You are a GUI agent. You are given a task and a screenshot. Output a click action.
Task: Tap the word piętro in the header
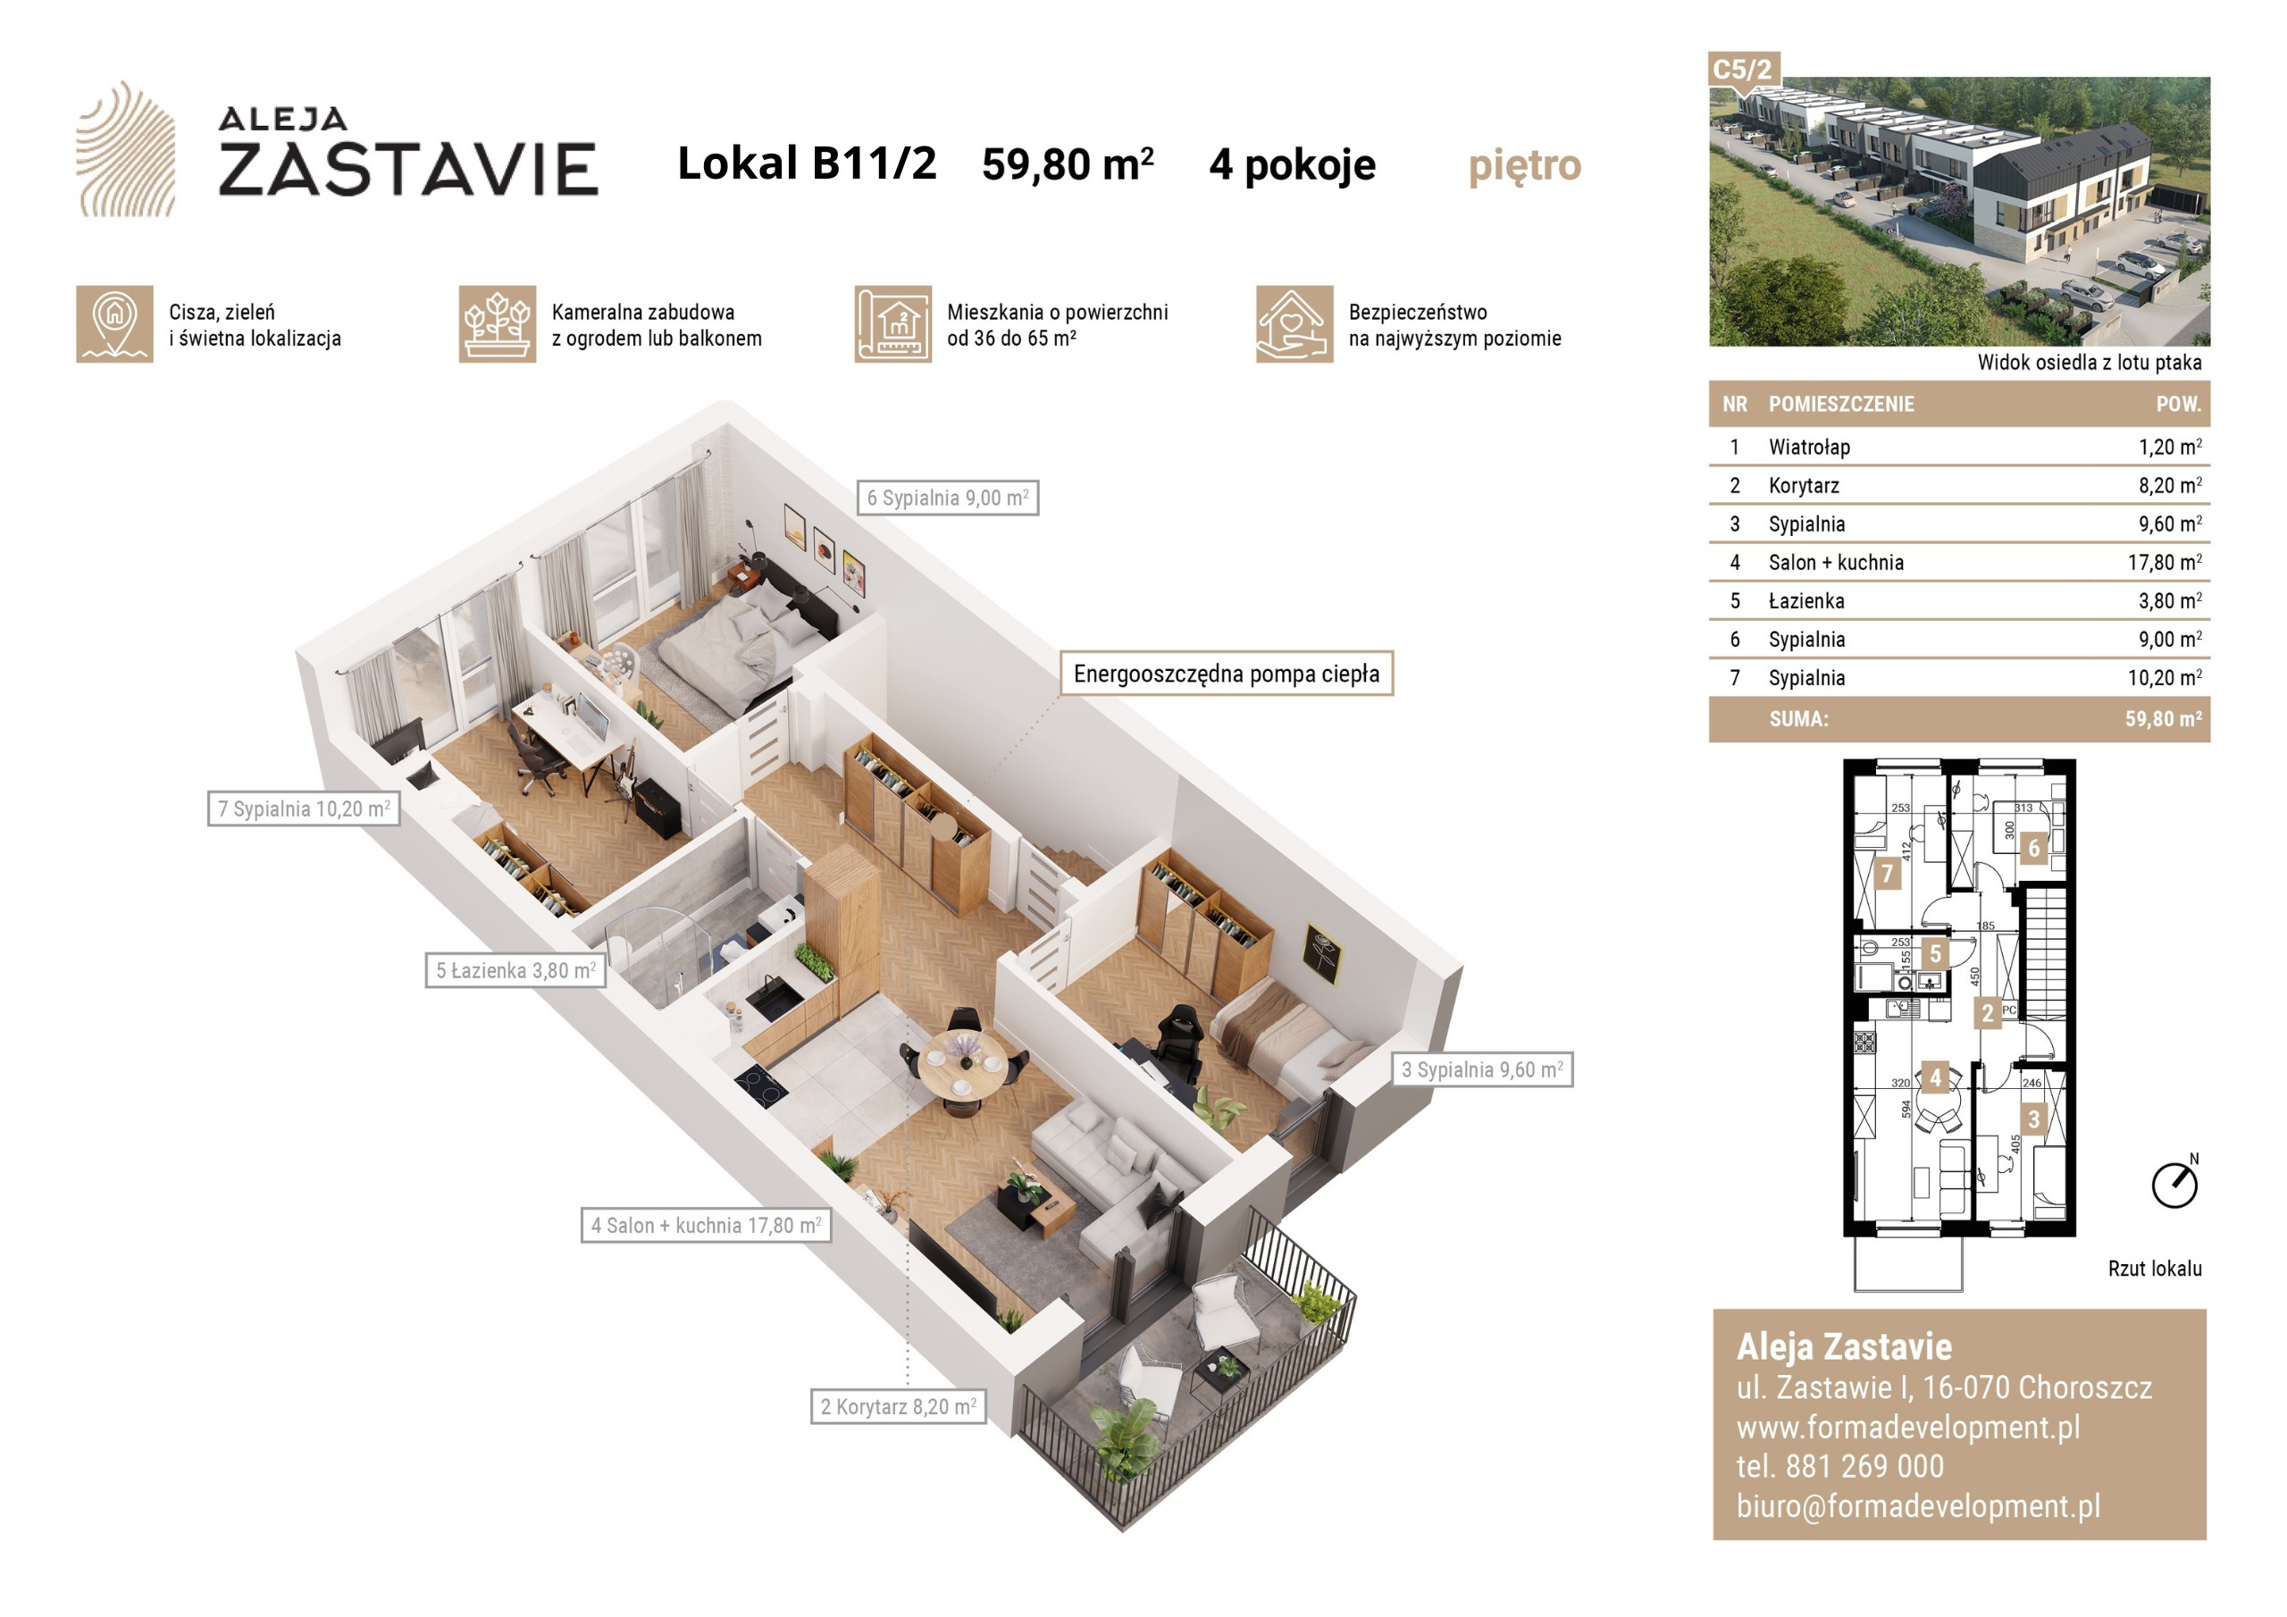point(1524,166)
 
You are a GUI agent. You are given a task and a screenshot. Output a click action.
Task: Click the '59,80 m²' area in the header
point(1067,164)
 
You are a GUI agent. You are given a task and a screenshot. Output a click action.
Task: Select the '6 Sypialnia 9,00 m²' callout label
point(947,497)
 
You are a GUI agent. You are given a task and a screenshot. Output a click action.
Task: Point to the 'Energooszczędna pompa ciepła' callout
point(1227,674)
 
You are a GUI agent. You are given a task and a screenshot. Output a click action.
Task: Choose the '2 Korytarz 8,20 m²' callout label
point(898,1406)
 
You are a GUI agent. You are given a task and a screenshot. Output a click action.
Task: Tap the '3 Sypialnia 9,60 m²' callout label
point(1482,1069)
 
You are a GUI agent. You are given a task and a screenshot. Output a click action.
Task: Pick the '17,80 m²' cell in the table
point(2165,562)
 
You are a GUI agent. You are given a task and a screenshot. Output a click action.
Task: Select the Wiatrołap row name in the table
point(1809,448)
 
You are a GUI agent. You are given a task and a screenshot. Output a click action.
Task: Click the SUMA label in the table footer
point(1798,719)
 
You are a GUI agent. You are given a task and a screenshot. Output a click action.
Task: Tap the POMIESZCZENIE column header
point(1840,405)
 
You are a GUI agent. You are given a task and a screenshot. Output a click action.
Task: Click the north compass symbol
point(2175,1183)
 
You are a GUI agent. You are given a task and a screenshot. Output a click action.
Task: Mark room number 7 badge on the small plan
point(1887,875)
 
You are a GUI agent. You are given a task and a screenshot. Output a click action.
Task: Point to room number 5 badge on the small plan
point(1935,953)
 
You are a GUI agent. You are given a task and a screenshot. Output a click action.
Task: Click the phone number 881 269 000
point(1864,1465)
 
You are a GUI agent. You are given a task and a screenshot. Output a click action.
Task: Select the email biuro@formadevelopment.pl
point(1918,1505)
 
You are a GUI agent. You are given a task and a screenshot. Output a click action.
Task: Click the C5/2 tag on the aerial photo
point(1742,70)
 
